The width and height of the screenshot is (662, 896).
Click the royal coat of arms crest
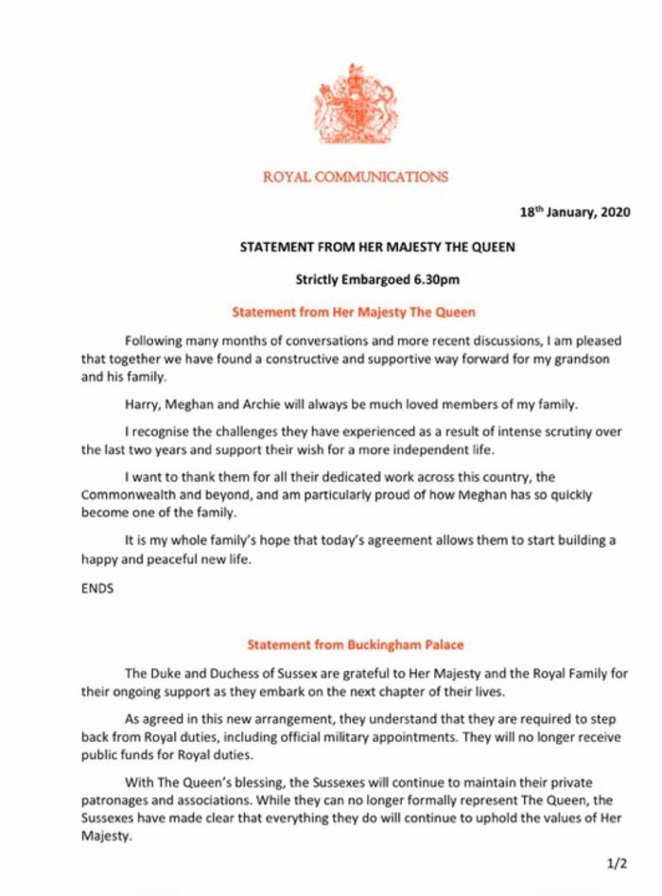pos(356,104)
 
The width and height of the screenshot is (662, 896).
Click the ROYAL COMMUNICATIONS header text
pos(355,177)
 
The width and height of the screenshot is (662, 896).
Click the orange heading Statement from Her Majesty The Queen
pos(353,310)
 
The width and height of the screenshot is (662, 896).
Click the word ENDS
pos(96,589)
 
